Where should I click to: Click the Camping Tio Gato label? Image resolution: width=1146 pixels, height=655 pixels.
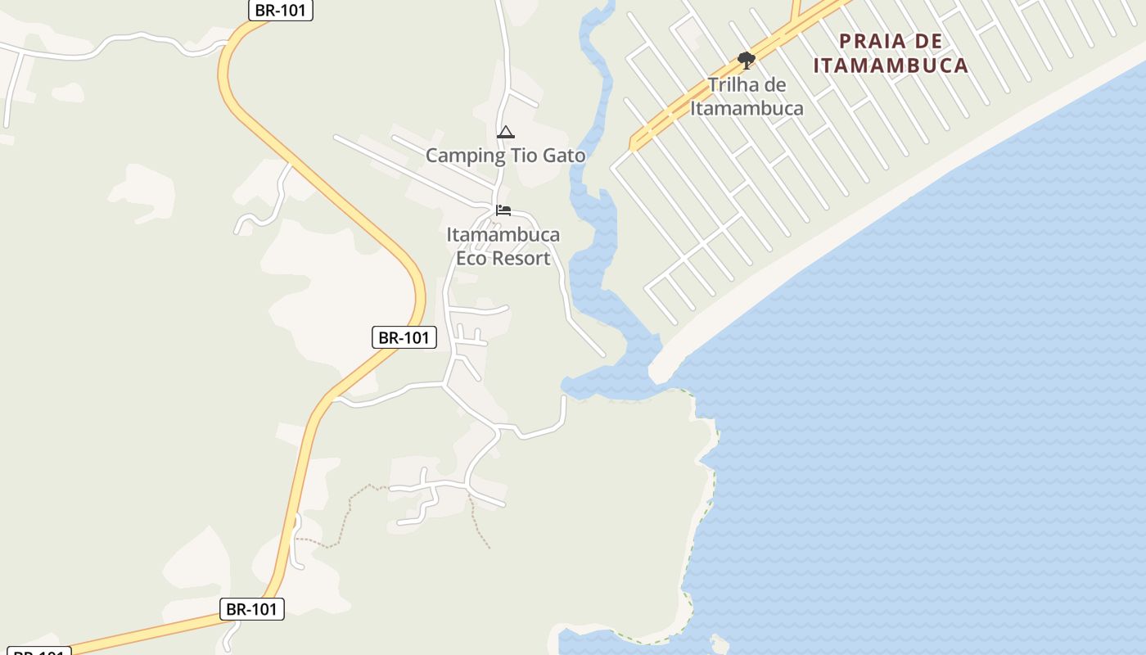pyautogui.click(x=505, y=156)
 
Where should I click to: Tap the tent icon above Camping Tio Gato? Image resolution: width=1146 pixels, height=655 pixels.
pyautogui.click(x=506, y=133)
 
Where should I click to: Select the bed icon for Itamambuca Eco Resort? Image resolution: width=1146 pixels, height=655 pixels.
pyautogui.click(x=503, y=211)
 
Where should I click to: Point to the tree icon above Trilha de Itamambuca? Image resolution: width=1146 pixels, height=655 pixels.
pyautogui.click(x=746, y=60)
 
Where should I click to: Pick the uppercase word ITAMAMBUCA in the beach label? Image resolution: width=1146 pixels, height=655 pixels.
pyautogui.click(x=891, y=65)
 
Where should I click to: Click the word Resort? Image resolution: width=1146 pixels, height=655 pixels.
pyautogui.click(x=525, y=259)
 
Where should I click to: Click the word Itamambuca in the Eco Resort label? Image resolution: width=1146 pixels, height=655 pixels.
pyautogui.click(x=503, y=236)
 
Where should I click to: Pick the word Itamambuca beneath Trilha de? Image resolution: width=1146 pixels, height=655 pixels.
pyautogui.click(x=747, y=108)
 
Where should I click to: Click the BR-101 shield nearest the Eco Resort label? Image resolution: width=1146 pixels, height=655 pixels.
pyautogui.click(x=404, y=337)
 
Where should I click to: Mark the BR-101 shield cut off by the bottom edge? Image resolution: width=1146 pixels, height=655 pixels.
pyautogui.click(x=39, y=652)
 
